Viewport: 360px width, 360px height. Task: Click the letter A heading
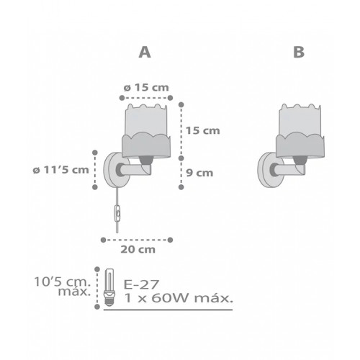145,52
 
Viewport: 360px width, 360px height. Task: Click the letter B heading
299,52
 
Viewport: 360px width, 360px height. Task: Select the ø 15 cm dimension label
146,88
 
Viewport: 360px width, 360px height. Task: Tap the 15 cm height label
203,131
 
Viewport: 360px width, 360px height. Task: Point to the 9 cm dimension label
199,173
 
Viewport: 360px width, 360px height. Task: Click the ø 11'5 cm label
61,170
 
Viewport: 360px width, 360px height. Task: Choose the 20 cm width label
138,250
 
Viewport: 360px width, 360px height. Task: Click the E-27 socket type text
141,285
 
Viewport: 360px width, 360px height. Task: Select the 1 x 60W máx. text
179,298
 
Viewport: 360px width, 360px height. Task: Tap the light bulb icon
109,287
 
